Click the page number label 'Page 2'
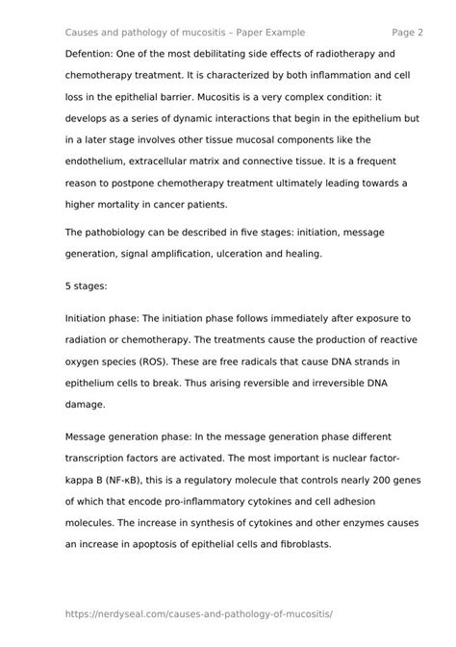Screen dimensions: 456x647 pos(408,32)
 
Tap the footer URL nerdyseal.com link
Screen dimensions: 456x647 pos(199,612)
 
